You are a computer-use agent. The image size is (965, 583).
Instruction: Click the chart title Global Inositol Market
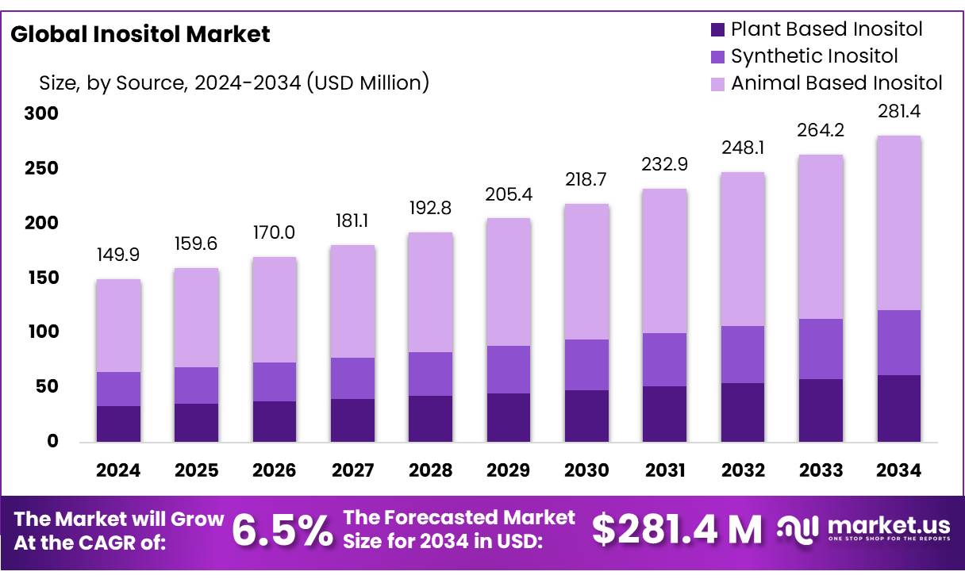point(140,34)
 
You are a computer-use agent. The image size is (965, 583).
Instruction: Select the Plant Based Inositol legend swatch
point(717,30)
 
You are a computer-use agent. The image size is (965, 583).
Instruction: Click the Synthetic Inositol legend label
point(814,56)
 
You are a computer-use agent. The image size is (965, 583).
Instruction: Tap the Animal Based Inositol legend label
point(836,82)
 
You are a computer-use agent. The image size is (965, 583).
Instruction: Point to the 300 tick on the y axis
point(41,114)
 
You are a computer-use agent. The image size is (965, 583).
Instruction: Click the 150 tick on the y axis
point(41,278)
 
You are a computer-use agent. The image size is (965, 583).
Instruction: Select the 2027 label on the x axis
point(352,470)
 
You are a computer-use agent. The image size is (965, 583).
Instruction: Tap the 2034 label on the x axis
point(898,470)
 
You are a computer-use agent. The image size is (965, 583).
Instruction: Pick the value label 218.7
point(586,180)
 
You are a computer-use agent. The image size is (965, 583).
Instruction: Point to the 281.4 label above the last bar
point(898,112)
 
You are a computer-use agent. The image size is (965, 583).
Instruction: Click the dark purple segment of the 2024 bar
point(118,424)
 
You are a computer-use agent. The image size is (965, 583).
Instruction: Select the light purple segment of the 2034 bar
point(898,223)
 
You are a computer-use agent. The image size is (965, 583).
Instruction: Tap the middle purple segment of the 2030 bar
point(586,365)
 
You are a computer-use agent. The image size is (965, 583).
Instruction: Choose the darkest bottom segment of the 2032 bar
point(743,412)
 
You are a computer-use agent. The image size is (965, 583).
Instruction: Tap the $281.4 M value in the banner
point(676,530)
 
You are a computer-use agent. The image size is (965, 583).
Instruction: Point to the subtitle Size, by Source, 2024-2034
point(234,82)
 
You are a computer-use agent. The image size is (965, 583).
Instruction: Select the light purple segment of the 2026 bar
point(275,309)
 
